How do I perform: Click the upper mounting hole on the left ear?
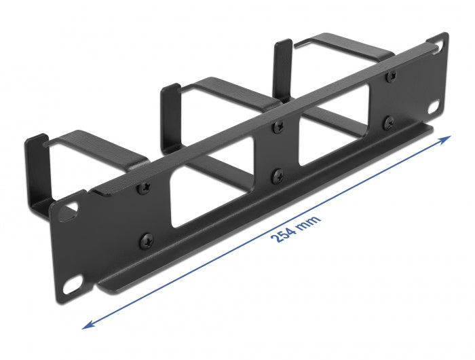[x=69, y=213]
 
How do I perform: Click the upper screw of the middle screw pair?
[x=276, y=126]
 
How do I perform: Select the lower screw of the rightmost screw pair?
[x=389, y=122]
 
